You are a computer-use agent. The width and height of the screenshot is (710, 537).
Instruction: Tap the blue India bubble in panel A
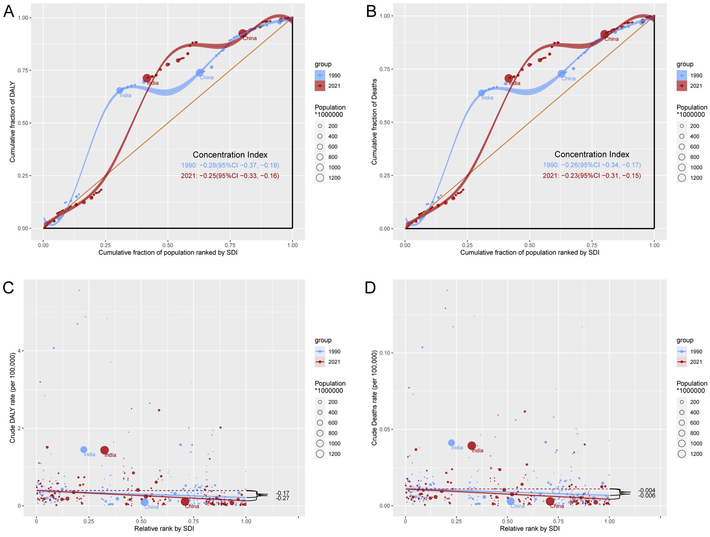click(x=120, y=90)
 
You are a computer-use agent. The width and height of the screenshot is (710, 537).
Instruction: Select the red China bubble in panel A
click(x=242, y=33)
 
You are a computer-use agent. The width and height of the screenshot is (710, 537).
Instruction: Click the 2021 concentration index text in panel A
click(x=230, y=176)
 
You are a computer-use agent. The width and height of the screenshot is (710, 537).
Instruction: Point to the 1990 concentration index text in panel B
click(x=592, y=165)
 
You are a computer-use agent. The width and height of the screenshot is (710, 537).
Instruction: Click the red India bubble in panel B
click(x=508, y=78)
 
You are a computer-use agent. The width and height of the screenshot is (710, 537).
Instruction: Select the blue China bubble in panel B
click(x=561, y=74)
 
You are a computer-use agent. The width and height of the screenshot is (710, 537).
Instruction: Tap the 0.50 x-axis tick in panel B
click(x=529, y=245)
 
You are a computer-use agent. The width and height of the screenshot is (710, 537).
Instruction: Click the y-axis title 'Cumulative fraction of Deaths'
click(x=374, y=122)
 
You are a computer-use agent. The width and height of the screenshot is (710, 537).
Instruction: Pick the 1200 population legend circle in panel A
click(x=320, y=178)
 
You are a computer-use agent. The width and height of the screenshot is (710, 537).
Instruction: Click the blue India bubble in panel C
click(x=84, y=450)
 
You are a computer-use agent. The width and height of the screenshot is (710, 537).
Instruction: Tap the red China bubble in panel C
click(x=185, y=502)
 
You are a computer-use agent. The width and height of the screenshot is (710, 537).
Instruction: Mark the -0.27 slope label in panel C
click(x=282, y=498)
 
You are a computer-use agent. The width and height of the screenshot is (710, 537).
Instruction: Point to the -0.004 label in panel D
click(x=647, y=490)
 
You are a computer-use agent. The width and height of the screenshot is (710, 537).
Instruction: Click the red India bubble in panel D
click(x=472, y=446)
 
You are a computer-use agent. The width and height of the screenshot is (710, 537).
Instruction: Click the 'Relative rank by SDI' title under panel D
click(x=529, y=528)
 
